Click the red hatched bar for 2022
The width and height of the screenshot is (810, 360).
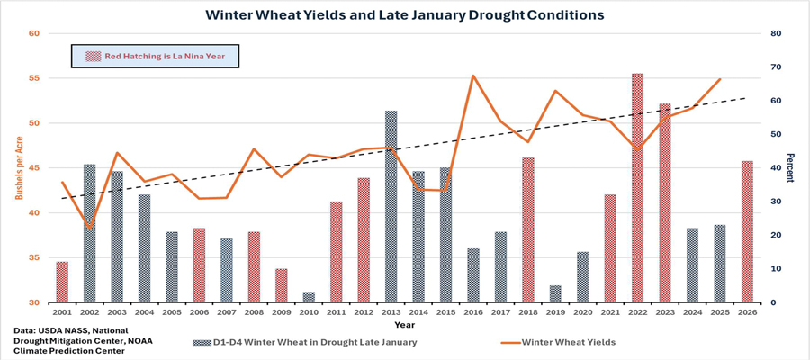tap(637, 188)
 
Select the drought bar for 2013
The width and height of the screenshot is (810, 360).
tap(391, 207)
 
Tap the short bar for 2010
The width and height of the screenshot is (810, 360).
tap(310, 297)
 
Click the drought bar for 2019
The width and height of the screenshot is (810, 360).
tap(555, 293)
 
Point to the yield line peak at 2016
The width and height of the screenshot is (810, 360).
tap(473, 76)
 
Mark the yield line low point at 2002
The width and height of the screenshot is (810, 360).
tap(88, 227)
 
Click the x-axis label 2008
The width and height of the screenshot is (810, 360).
tap(254, 311)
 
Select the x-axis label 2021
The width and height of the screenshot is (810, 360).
tap(610, 311)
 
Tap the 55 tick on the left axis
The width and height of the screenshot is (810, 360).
tap(35, 78)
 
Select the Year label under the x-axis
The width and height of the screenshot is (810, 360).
tap(405, 324)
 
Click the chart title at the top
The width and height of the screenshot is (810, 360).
tap(405, 14)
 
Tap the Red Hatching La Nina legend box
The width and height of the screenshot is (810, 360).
tap(156, 56)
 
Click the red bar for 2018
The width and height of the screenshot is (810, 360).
tap(528, 230)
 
